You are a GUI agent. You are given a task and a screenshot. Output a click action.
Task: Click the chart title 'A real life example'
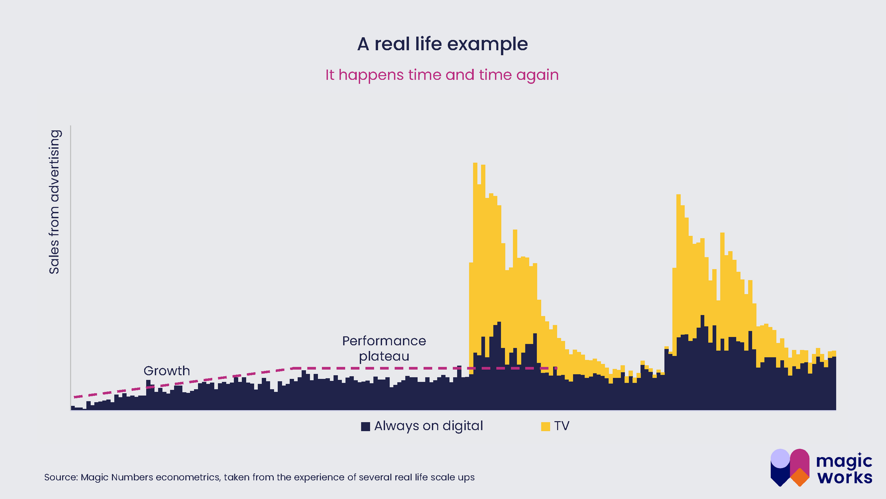tap(442, 44)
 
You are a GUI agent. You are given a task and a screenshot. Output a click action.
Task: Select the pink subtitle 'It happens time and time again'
tap(442, 75)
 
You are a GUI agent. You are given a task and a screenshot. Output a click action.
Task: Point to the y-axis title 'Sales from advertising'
tap(54, 202)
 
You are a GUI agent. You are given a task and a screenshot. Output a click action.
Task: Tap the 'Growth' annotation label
tap(167, 371)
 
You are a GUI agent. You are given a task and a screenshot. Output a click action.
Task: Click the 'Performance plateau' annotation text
tap(384, 348)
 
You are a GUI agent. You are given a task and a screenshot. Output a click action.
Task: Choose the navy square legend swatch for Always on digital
tap(365, 426)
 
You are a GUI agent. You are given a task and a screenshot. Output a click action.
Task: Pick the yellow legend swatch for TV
tap(545, 426)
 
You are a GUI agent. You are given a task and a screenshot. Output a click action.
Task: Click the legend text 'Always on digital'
tap(428, 426)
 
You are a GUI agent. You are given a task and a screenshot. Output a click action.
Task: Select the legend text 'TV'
tap(562, 426)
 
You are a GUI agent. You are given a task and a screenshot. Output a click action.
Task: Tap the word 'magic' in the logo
tap(844, 461)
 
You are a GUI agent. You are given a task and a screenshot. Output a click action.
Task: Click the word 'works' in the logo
tap(845, 477)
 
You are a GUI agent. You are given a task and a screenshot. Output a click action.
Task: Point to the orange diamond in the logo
tap(800, 477)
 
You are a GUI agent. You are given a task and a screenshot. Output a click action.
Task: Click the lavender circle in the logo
tap(780, 458)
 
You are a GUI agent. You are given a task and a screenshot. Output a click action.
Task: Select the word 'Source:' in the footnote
tap(61, 477)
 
